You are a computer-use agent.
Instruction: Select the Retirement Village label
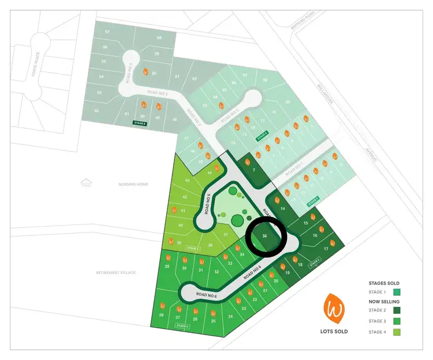[x=116, y=272]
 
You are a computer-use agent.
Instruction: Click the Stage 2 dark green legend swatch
[x=380, y=311]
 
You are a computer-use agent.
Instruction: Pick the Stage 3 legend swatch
[x=380, y=321]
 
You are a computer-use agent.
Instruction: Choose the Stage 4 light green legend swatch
[x=380, y=332]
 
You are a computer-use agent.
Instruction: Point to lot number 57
[x=107, y=31]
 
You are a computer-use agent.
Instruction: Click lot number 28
[x=161, y=315]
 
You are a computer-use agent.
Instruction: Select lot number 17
[x=326, y=249]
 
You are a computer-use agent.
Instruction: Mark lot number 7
[x=254, y=170]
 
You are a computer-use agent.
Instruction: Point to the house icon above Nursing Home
[x=86, y=183]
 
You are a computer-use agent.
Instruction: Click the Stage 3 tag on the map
[x=182, y=327]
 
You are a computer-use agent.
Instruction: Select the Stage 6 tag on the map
[x=140, y=123]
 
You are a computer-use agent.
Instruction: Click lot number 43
[x=187, y=181]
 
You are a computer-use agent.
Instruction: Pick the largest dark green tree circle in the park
[x=237, y=220]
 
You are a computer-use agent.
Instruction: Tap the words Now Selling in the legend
[x=384, y=302]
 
